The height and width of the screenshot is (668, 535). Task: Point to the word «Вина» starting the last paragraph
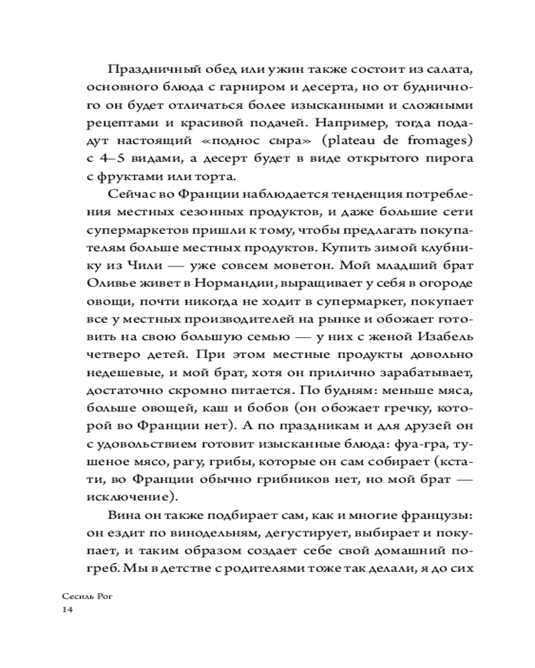coord(121,516)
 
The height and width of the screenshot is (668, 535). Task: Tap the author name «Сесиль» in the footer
coord(75,595)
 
